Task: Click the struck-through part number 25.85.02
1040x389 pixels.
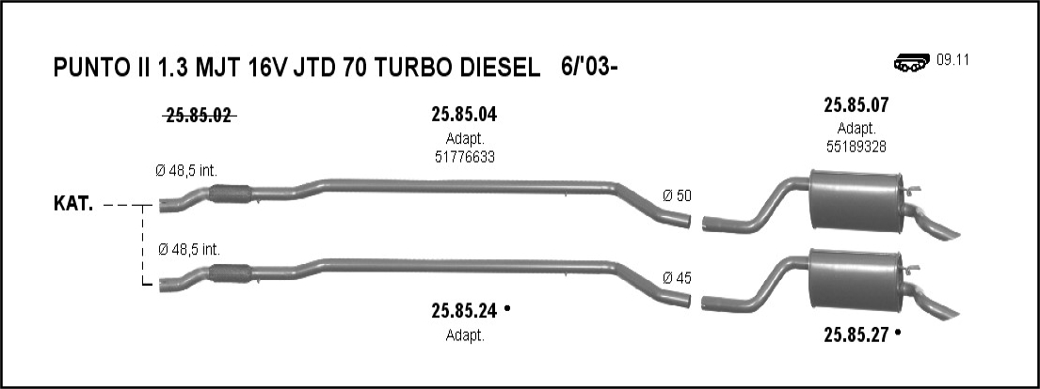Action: [x=199, y=116]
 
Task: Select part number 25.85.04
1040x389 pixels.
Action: [x=464, y=115]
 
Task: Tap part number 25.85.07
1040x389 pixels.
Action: [x=856, y=104]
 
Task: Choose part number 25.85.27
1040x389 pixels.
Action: [x=856, y=335]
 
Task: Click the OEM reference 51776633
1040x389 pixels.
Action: [x=465, y=157]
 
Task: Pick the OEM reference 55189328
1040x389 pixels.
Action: [x=856, y=147]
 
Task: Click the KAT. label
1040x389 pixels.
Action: [x=73, y=204]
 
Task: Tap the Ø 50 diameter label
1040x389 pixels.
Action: [x=677, y=195]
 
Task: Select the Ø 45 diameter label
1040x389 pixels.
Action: [x=677, y=278]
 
